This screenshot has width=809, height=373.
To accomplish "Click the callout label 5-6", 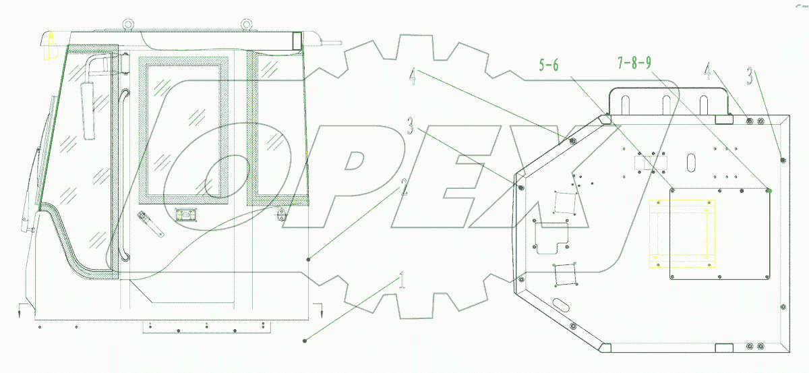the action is pos(549,65).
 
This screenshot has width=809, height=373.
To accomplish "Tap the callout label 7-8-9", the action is pos(634,63).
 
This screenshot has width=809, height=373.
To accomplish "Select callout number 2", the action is pos(404,187).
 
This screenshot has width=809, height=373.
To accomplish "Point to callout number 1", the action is pos(402,281).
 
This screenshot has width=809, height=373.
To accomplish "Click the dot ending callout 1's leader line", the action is pos(305,341).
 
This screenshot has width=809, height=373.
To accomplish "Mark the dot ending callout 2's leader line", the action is pos(309,260).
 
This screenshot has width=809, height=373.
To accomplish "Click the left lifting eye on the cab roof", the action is pos(127,24).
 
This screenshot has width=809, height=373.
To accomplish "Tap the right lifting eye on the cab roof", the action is pos(246,24).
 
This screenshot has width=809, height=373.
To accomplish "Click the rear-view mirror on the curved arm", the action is pos(88,110).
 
